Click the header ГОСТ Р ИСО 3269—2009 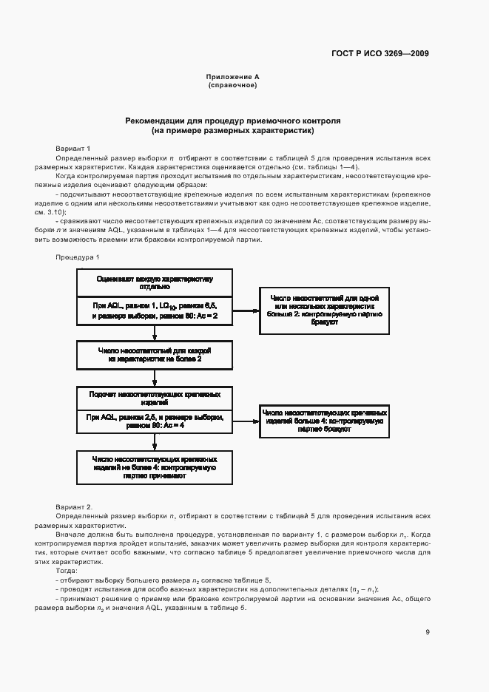tap(391, 53)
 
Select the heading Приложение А tap(232, 77)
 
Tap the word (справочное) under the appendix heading tap(232, 86)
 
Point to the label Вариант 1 tap(73, 148)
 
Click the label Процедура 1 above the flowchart tap(77, 257)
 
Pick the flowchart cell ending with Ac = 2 tap(155, 311)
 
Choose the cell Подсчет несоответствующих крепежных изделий tap(155, 398)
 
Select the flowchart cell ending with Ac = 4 tap(155, 421)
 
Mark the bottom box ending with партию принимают tap(155, 468)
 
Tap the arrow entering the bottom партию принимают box tap(155, 443)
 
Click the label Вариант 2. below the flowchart tap(74, 507)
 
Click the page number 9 tap(428, 632)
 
